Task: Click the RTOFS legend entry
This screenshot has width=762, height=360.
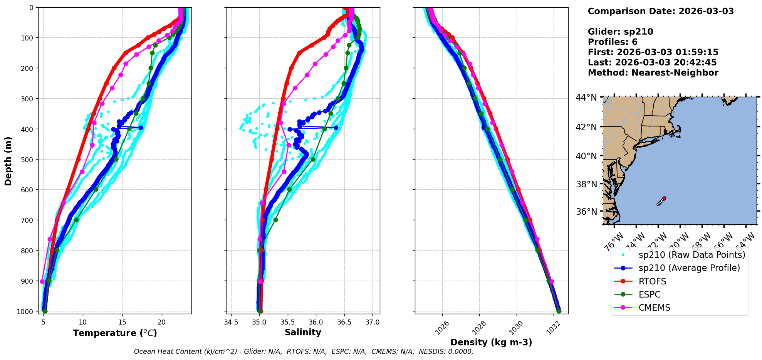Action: tap(652, 281)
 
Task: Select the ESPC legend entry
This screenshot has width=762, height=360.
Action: tap(649, 294)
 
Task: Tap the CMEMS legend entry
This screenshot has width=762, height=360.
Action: tap(654, 308)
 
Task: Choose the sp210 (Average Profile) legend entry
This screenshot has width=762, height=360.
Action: tap(689, 268)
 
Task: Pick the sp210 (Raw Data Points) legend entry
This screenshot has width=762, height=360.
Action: tap(692, 255)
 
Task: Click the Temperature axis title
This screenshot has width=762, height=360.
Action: tap(115, 333)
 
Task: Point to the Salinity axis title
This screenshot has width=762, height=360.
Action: tap(303, 332)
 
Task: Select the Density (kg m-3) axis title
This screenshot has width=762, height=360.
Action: tap(491, 342)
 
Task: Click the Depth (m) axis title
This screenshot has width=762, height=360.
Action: tap(8, 161)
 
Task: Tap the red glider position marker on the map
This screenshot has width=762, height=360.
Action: tap(664, 198)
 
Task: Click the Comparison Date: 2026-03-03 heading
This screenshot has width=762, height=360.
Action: tap(661, 11)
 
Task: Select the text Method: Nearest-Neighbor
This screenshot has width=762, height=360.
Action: tap(653, 73)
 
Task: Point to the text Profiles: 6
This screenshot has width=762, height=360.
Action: tap(613, 42)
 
